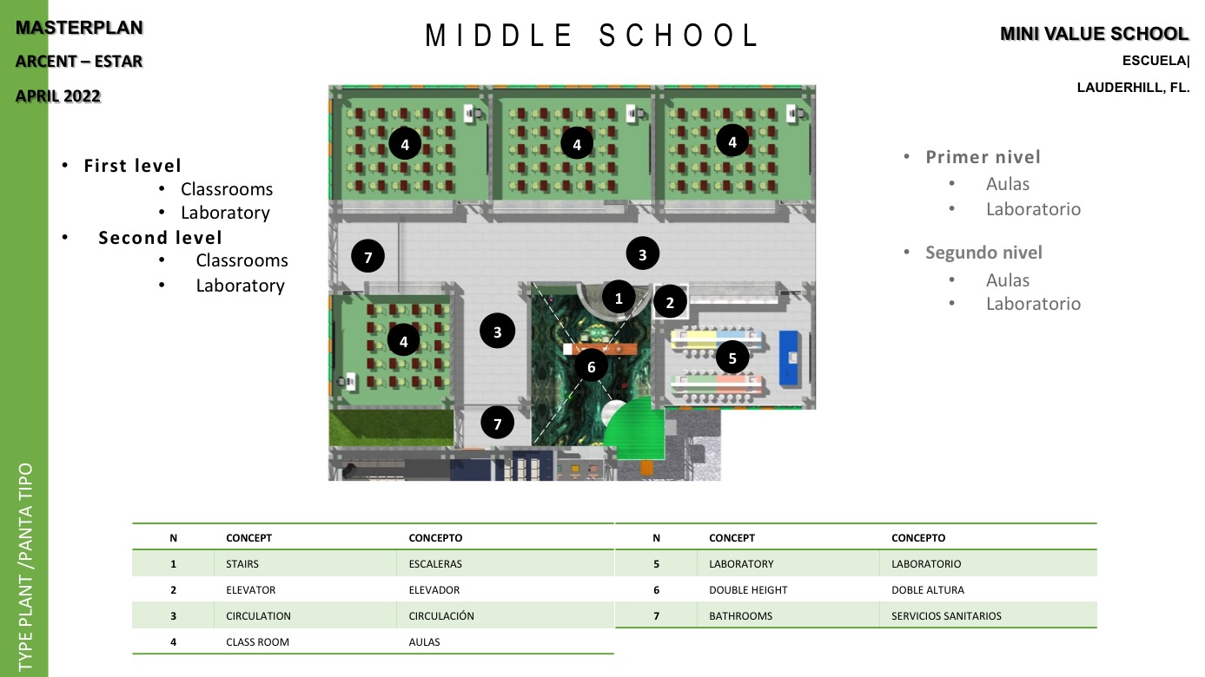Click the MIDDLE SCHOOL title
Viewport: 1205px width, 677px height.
pyautogui.click(x=592, y=36)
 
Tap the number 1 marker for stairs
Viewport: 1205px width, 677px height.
pyautogui.click(x=618, y=297)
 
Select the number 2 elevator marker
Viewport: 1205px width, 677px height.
pyautogui.click(x=670, y=302)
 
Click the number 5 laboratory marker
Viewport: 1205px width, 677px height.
pyautogui.click(x=732, y=358)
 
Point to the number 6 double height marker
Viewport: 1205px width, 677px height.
pyautogui.click(x=591, y=366)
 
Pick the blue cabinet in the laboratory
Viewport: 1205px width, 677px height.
pyautogui.click(x=789, y=358)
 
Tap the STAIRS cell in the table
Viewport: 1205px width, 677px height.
pyautogui.click(x=242, y=563)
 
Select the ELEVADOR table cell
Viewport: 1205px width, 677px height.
pyautogui.click(x=434, y=589)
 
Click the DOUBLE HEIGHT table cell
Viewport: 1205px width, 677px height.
pyautogui.click(x=748, y=589)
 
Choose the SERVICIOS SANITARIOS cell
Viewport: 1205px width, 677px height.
pyautogui.click(x=946, y=615)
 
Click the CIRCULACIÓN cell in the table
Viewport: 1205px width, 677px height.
pyautogui.click(x=441, y=615)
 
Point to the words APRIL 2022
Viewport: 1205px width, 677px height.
pyautogui.click(x=58, y=95)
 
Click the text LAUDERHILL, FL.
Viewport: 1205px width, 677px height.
pyautogui.click(x=1133, y=87)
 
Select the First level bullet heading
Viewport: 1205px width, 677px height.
pyautogui.click(x=132, y=166)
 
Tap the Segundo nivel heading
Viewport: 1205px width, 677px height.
pyautogui.click(x=983, y=252)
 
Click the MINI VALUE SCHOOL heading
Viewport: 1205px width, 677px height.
pyautogui.click(x=1094, y=33)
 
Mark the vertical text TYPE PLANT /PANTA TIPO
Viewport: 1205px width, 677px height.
pyautogui.click(x=25, y=567)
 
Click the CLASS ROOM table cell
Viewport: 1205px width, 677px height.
pyautogui.click(x=257, y=641)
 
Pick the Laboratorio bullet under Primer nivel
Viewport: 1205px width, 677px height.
pyautogui.click(x=1033, y=208)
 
